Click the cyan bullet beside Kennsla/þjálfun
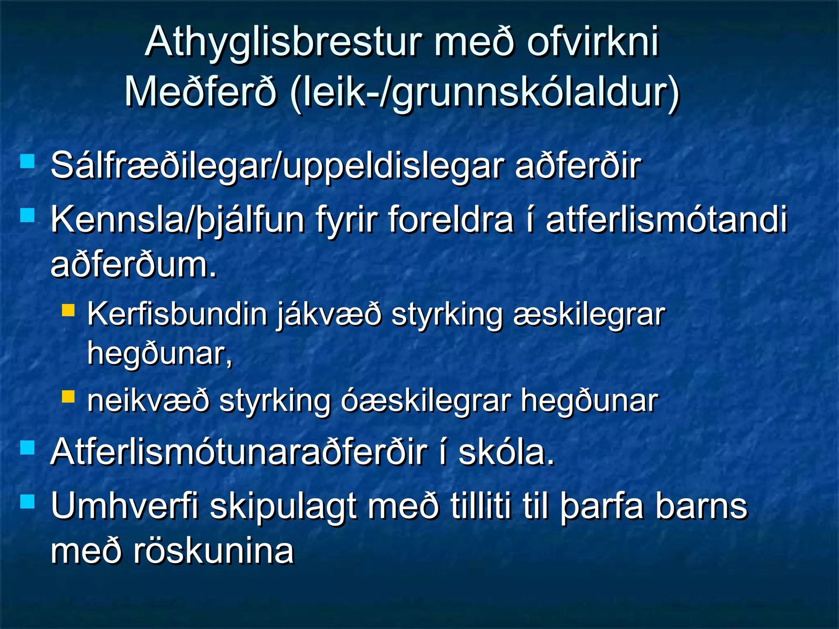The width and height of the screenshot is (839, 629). pos(27,215)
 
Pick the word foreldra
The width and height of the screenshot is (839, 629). pos(450,220)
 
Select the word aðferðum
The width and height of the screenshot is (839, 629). pos(134,265)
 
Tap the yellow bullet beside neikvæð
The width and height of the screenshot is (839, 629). pos(68,396)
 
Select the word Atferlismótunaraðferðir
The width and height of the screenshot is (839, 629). pos(239,453)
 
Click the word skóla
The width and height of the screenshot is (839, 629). pos(506,453)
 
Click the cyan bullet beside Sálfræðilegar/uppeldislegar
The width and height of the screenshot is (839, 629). pos(27,161)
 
